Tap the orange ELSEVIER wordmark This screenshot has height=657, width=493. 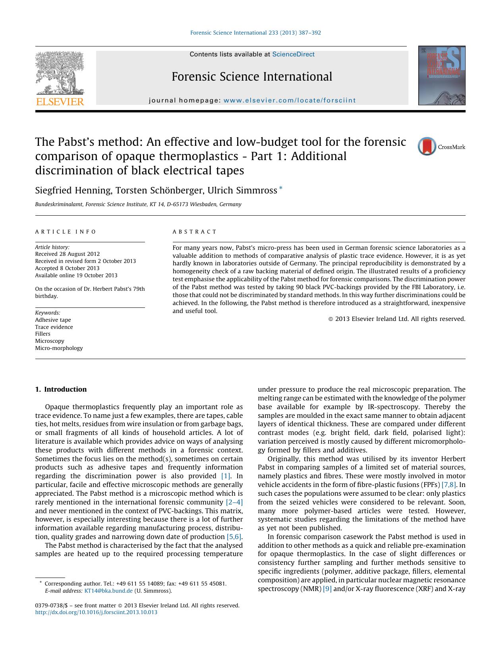click(x=60, y=102)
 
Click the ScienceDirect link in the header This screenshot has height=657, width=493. click(x=293, y=54)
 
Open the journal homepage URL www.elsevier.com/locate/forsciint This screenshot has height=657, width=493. click(x=290, y=100)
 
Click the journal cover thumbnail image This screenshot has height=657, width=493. click(x=441, y=75)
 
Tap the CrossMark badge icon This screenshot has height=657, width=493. click(x=427, y=147)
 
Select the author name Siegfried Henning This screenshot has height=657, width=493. click(x=73, y=191)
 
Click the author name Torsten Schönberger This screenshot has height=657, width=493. click(x=159, y=191)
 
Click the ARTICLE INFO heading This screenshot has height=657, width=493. click(x=66, y=232)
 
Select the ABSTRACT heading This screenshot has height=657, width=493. click(x=195, y=232)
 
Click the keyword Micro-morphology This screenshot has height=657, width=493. click(x=59, y=348)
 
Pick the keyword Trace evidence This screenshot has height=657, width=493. click(x=54, y=327)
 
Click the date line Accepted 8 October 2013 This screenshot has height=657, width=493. click(x=67, y=268)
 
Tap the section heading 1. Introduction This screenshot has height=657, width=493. click(x=61, y=389)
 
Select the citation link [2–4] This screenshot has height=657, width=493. click(x=234, y=502)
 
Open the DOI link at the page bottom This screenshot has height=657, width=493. click(x=96, y=612)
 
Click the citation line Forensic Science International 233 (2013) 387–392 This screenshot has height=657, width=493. click(x=255, y=33)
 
